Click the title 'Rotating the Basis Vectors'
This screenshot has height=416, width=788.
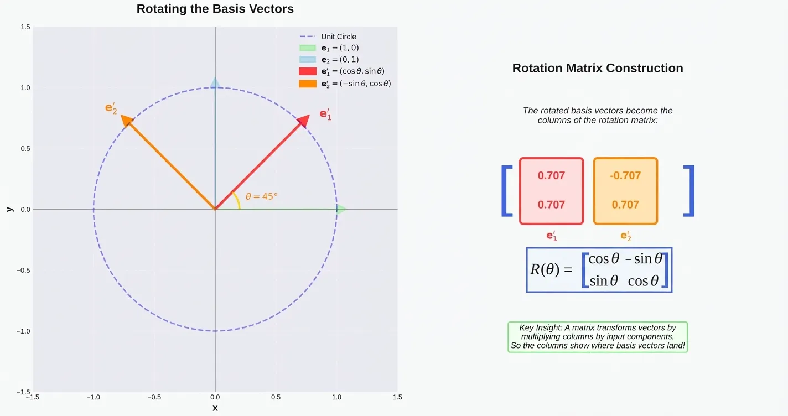215,9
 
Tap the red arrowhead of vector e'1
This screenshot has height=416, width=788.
303,121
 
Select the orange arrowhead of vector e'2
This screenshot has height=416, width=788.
127,121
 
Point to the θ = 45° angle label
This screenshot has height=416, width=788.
262,196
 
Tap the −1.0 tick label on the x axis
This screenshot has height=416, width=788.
93,397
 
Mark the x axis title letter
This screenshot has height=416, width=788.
215,408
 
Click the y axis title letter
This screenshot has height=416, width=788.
9,209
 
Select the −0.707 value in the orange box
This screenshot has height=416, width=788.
625,176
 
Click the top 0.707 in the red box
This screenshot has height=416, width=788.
551,176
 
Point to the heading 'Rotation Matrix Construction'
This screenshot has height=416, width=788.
598,68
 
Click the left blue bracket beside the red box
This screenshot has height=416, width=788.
506,191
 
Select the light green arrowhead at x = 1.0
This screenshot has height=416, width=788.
341,209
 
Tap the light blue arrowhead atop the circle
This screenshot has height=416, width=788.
215,83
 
